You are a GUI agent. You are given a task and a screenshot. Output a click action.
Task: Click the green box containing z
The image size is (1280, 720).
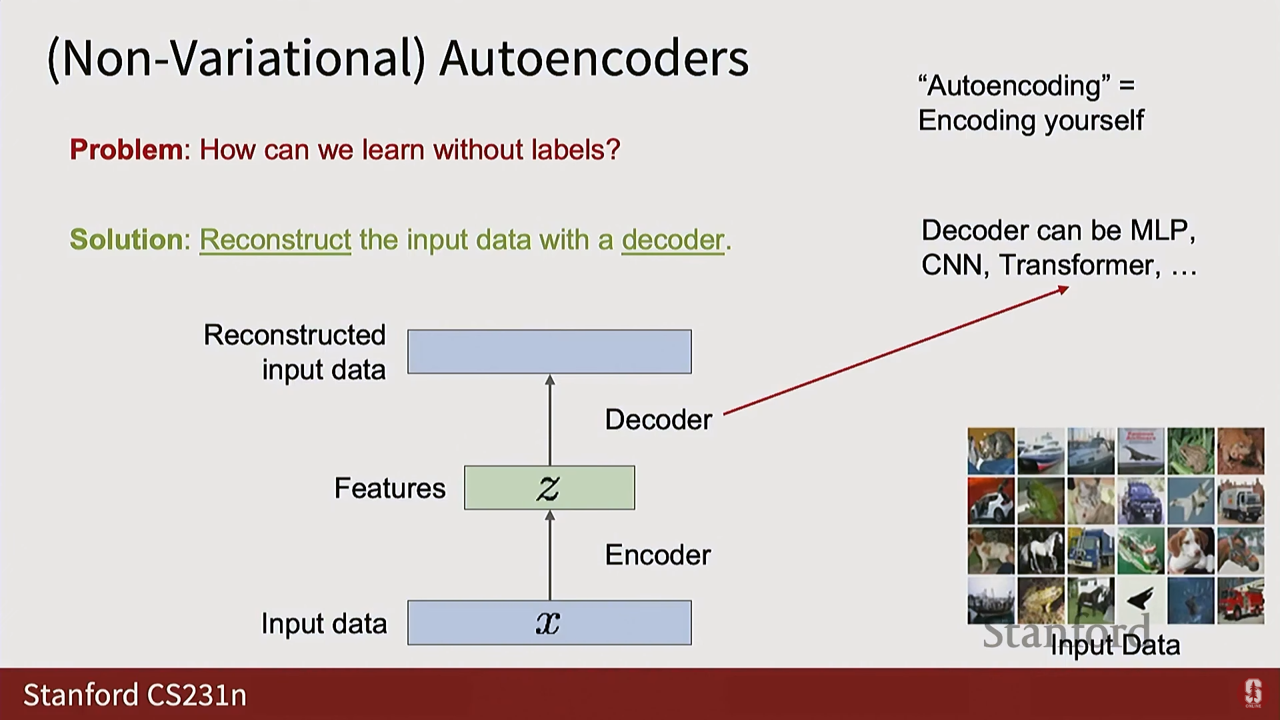[x=549, y=488]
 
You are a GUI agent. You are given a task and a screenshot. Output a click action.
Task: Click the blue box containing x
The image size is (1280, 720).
[x=549, y=623]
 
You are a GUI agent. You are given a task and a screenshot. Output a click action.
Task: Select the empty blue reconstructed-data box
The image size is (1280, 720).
[x=549, y=351]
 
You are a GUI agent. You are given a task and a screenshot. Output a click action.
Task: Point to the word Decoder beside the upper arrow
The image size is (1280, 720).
[x=658, y=420]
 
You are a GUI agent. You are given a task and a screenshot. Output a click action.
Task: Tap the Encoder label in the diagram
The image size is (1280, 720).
[x=657, y=555]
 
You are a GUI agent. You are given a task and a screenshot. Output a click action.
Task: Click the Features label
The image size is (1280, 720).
[x=389, y=489]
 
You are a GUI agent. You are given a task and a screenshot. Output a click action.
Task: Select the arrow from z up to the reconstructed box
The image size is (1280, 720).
[x=549, y=420]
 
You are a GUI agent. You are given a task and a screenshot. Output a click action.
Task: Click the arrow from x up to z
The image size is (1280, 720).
[x=549, y=555]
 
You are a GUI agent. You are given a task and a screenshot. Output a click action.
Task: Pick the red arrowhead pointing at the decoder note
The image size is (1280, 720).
[x=1063, y=289]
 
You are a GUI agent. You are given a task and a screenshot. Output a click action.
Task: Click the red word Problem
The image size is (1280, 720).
[x=126, y=149]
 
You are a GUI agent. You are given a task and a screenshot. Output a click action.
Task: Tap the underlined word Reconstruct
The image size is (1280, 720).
[x=275, y=240]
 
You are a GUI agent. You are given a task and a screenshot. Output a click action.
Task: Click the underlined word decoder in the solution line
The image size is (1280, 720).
[x=673, y=240]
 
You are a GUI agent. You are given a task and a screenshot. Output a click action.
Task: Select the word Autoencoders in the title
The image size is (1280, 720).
[x=594, y=59]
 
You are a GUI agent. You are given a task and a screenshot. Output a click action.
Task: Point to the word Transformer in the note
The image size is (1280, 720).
[x=1079, y=265]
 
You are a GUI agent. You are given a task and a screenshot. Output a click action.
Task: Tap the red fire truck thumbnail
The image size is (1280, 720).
[x=1240, y=600]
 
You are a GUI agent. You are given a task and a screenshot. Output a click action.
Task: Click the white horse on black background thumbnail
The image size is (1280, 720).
[x=1041, y=551]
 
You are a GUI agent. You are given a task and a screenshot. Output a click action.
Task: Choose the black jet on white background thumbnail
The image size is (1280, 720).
[x=1141, y=600]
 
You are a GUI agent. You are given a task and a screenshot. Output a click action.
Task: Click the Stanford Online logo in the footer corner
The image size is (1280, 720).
[x=1253, y=694]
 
